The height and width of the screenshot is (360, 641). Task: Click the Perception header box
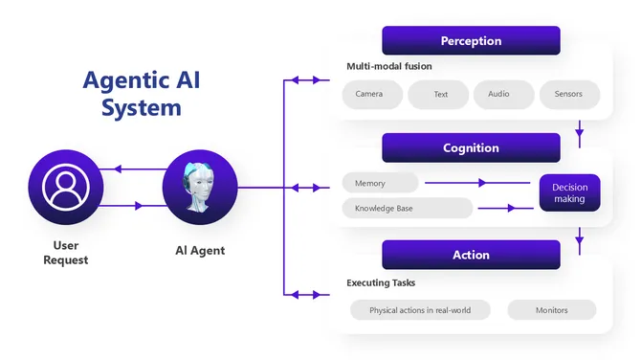click(471, 41)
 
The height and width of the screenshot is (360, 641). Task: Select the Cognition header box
click(471, 148)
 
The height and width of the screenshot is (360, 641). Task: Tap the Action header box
click(471, 255)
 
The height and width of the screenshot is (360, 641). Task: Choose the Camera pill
click(369, 95)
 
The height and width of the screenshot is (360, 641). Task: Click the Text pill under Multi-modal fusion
click(440, 95)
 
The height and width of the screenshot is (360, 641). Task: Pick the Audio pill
click(498, 95)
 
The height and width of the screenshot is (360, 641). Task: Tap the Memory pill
click(380, 183)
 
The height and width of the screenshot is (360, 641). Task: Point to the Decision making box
click(569, 192)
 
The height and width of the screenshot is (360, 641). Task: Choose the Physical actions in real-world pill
click(419, 310)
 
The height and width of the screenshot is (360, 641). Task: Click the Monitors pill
click(551, 310)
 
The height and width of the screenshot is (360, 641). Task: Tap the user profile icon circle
click(65, 187)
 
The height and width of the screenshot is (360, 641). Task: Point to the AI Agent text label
click(199, 251)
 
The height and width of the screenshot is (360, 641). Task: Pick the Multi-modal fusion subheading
click(389, 66)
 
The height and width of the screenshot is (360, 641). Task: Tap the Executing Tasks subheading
click(381, 282)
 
